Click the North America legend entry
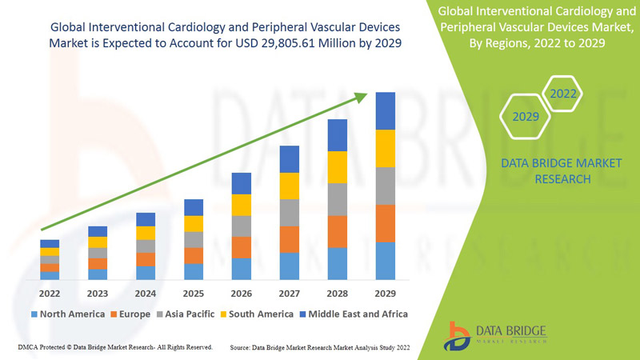68,314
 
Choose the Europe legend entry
130,314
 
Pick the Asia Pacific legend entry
186,314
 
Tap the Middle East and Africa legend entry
352,314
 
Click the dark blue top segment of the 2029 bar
386,110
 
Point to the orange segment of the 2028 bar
338,231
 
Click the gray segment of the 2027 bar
289,213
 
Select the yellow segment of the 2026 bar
241,205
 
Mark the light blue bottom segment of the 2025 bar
194,271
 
